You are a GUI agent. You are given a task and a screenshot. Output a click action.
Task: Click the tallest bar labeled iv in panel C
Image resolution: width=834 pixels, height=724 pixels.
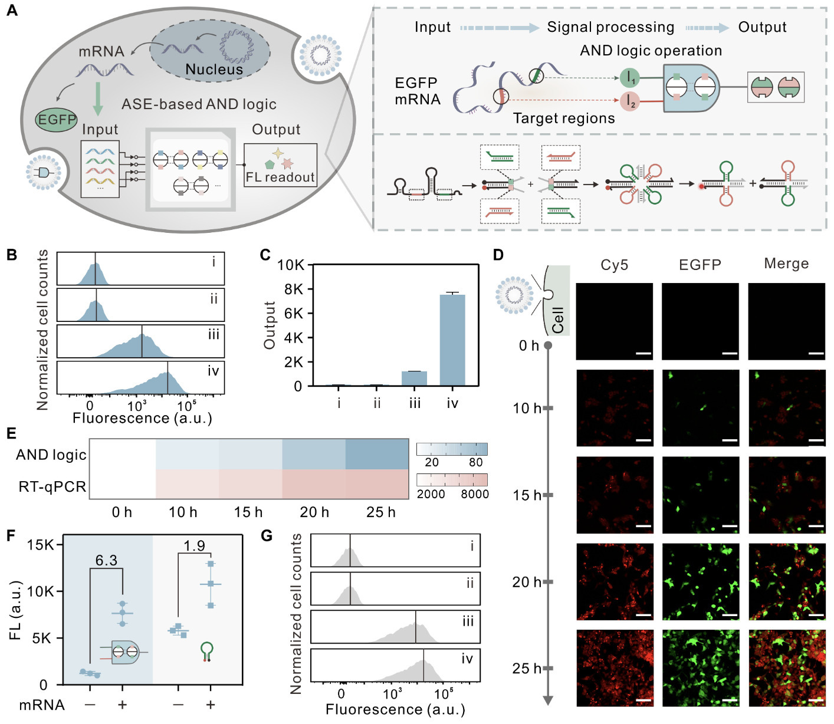click(452, 340)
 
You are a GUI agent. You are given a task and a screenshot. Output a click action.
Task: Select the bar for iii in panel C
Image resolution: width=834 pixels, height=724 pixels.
click(414, 379)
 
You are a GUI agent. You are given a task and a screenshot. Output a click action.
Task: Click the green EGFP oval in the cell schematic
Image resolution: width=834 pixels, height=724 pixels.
click(57, 120)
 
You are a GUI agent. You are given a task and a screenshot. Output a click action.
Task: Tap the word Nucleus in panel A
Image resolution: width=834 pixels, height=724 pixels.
click(214, 70)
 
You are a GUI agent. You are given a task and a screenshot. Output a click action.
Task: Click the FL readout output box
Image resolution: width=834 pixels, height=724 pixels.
click(280, 166)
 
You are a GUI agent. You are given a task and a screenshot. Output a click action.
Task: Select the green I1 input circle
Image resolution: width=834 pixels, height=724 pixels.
click(630, 77)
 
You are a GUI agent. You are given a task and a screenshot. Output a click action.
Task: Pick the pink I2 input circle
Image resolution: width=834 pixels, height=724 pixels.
click(630, 101)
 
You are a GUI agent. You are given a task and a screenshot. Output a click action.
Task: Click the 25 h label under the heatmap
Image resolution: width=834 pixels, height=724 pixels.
click(380, 512)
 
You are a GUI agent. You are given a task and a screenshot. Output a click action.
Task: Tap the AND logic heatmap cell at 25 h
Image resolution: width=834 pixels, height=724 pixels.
click(377, 454)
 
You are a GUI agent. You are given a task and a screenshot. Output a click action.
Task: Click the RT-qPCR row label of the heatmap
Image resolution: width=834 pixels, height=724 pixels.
click(52, 486)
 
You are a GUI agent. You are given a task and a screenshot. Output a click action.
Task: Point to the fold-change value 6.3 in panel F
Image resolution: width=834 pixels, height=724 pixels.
click(106, 560)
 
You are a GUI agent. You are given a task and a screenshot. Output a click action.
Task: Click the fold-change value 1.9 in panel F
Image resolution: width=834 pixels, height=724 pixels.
click(194, 546)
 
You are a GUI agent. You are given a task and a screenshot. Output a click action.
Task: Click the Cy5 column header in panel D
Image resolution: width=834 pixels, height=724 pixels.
click(614, 265)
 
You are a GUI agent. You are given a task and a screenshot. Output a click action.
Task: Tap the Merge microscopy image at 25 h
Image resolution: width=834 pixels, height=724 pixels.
click(786, 668)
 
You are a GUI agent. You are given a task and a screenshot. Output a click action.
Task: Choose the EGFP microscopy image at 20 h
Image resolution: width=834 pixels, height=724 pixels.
click(700, 581)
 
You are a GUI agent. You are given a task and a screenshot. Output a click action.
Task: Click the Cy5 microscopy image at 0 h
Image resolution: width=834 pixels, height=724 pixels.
click(614, 321)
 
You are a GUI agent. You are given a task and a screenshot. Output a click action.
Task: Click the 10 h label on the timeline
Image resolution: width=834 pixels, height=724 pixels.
click(526, 408)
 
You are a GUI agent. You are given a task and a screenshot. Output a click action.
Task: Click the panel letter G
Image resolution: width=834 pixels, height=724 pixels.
click(267, 535)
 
